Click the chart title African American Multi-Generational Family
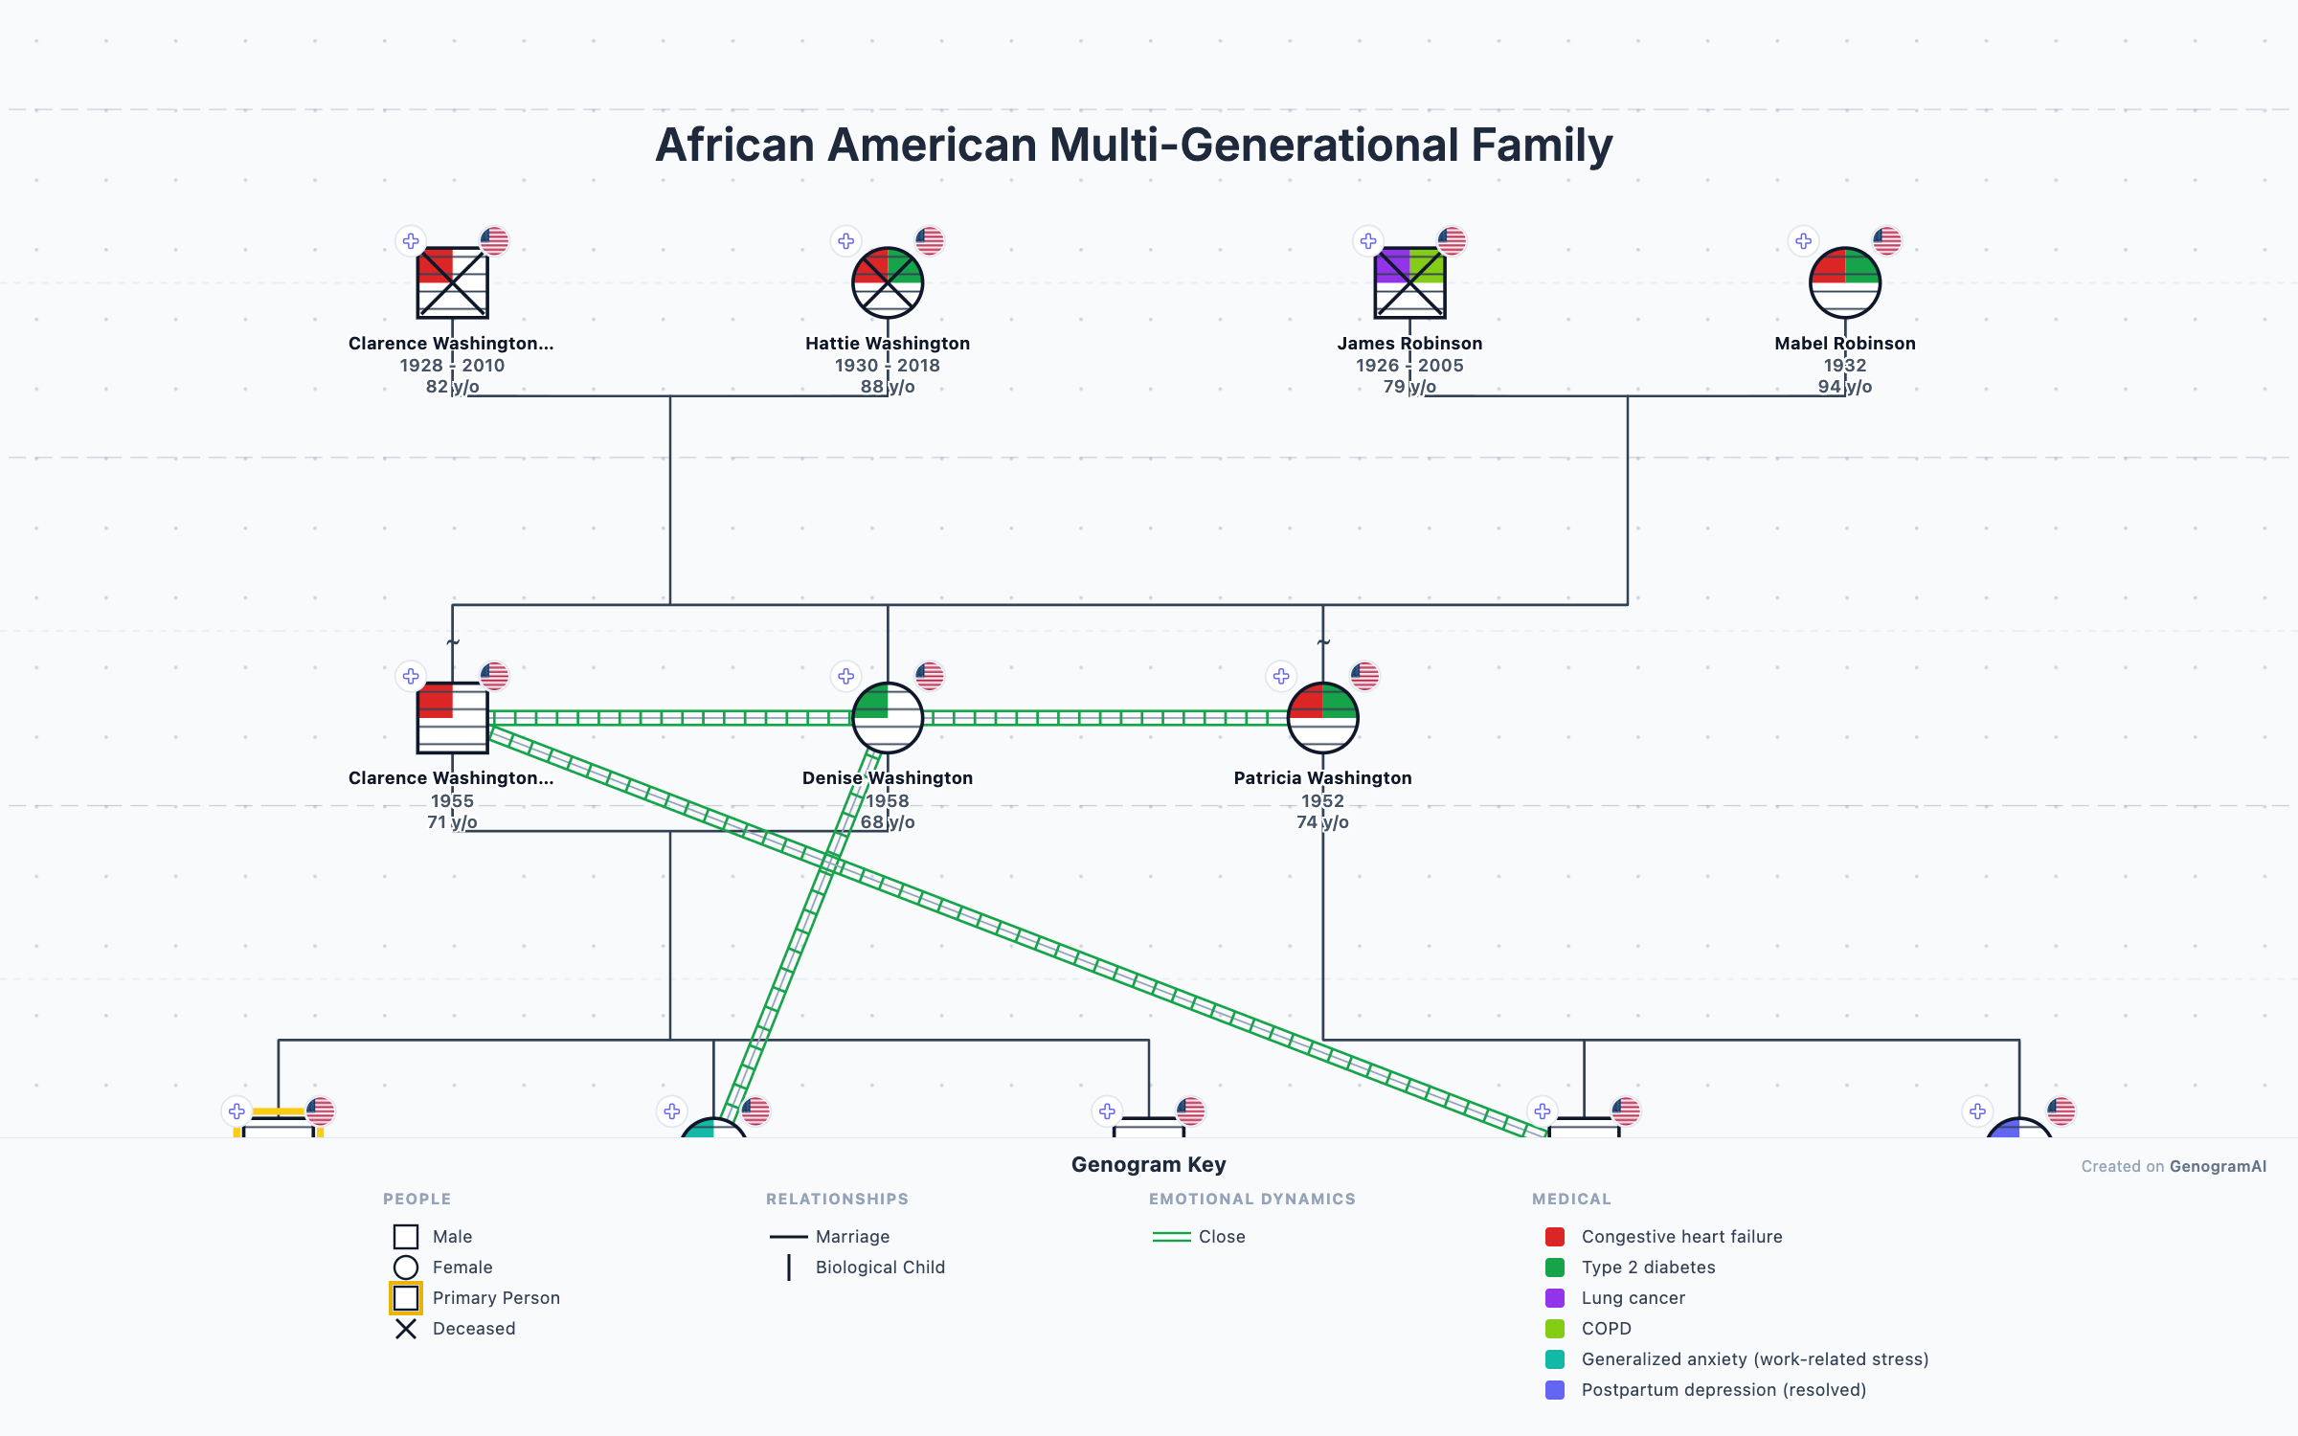coord(1134,146)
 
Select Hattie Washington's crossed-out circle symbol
coord(888,282)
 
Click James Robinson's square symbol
coord(1409,282)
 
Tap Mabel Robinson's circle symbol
coord(1844,282)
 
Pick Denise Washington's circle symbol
coord(888,717)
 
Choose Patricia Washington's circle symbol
coord(1322,717)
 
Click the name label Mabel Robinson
coord(1844,343)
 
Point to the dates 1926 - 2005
coord(1409,365)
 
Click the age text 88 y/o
coord(888,387)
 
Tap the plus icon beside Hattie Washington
coord(845,241)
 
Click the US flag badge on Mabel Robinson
coord(1886,241)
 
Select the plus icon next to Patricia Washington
coord(1281,677)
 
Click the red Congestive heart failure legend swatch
coord(1555,1237)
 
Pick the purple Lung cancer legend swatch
coord(1555,1298)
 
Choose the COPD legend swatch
coord(1555,1329)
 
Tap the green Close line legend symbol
coord(1171,1237)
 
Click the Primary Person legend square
coord(406,1298)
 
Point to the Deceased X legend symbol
coord(406,1329)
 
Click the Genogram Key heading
coord(1148,1164)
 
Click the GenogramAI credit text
coord(2217,1166)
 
